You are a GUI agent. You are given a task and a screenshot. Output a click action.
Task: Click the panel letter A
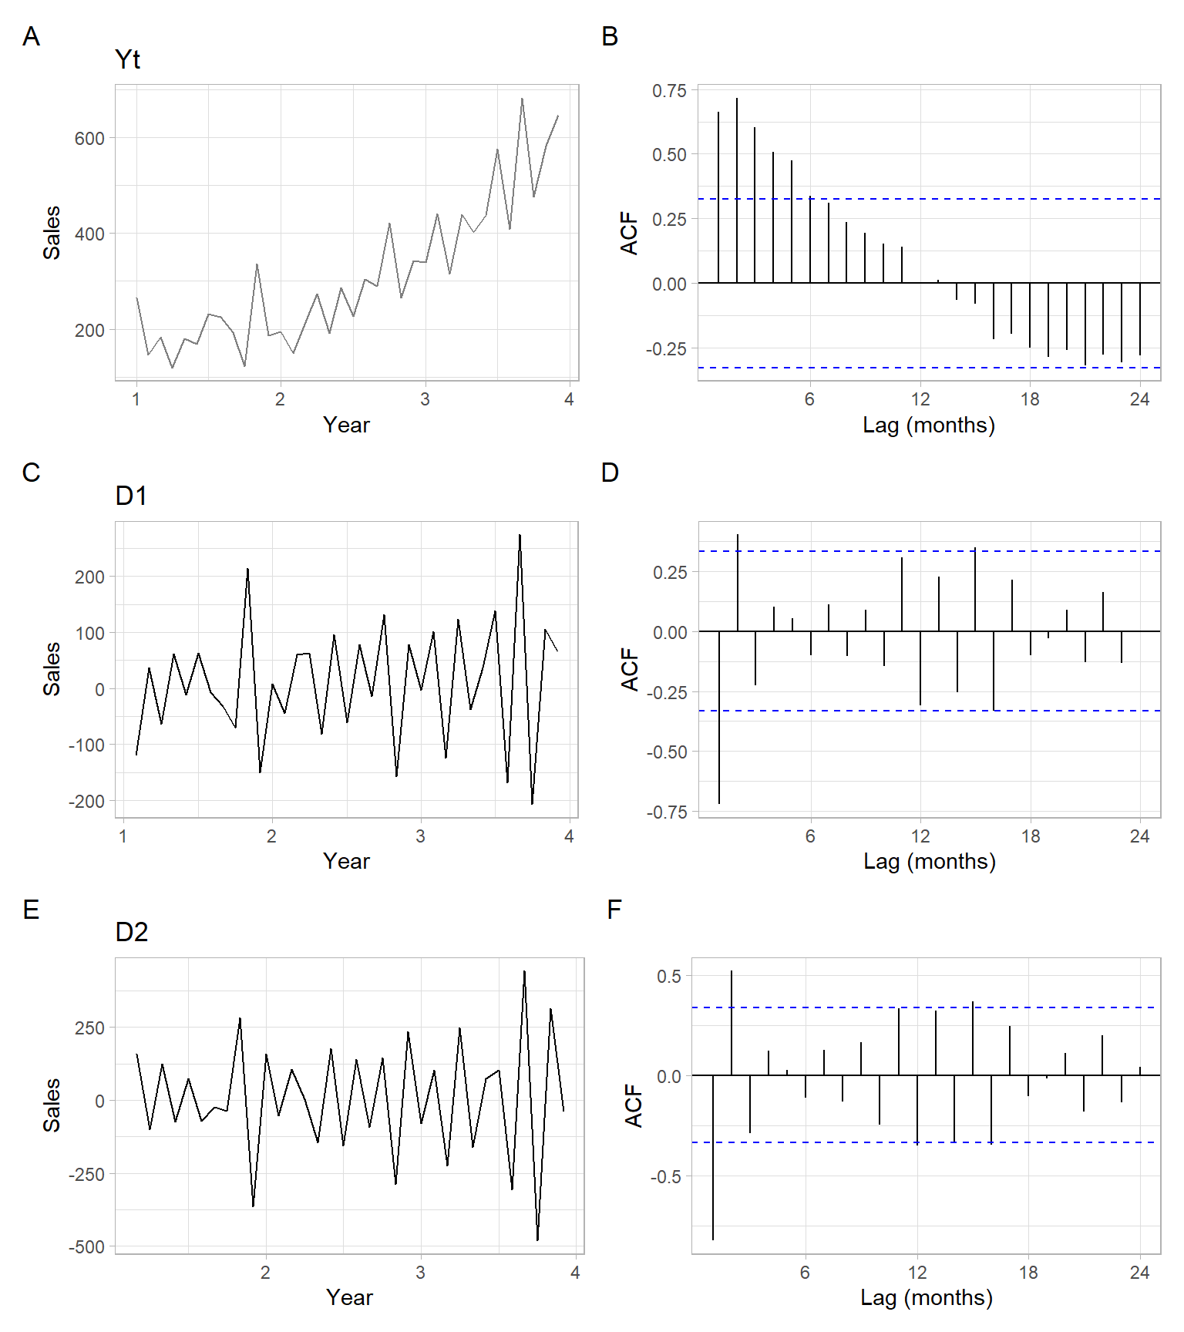[x=31, y=36]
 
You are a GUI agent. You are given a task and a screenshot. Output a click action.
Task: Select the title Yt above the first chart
[x=127, y=60]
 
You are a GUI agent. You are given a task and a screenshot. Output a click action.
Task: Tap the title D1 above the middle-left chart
[x=130, y=496]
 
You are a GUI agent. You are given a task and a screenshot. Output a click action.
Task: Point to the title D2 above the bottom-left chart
[x=131, y=932]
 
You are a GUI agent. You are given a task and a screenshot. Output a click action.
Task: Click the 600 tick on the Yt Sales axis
[x=89, y=139]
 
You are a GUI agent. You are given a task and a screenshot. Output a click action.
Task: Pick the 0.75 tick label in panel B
[x=669, y=91]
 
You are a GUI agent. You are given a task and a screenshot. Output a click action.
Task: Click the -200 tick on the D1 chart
[x=86, y=802]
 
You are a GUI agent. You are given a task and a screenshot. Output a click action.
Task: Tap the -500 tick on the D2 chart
[x=86, y=1247]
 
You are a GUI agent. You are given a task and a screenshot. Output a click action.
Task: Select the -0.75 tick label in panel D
[x=667, y=812]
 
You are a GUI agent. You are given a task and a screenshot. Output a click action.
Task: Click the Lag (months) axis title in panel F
[x=927, y=1297]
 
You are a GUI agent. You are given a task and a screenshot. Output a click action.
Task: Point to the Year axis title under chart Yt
[x=346, y=425]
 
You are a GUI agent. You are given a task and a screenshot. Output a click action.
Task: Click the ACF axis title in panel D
[x=630, y=669]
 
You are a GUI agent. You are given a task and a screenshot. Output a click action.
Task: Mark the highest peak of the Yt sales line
[x=522, y=99]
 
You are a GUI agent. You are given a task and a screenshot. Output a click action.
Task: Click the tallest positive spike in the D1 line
[x=520, y=535]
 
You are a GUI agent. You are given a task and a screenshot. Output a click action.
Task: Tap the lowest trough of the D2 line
[x=537, y=1239]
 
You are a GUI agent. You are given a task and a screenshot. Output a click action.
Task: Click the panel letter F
[x=614, y=910]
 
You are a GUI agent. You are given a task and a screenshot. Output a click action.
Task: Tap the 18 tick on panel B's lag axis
[x=1030, y=399]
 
